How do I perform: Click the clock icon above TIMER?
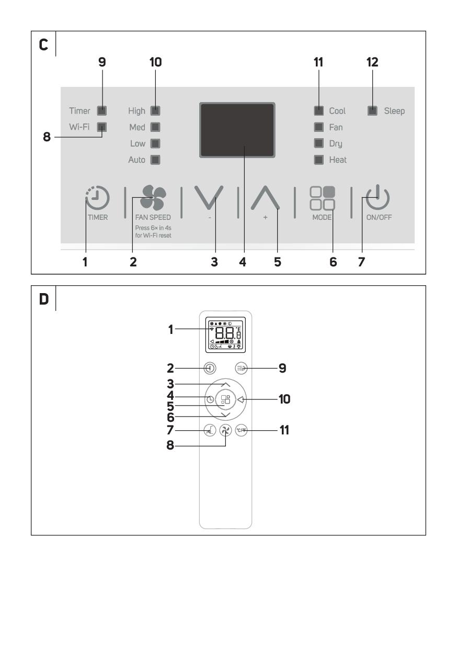click(x=98, y=199)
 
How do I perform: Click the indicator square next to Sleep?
click(x=372, y=111)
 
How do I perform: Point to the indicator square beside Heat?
click(x=318, y=160)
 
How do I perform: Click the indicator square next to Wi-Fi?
click(x=102, y=127)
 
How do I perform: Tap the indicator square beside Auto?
click(x=155, y=160)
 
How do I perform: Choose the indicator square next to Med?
click(x=155, y=127)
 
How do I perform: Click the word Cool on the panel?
click(x=337, y=111)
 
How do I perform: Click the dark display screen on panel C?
click(x=237, y=130)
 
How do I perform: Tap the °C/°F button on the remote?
click(x=241, y=431)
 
